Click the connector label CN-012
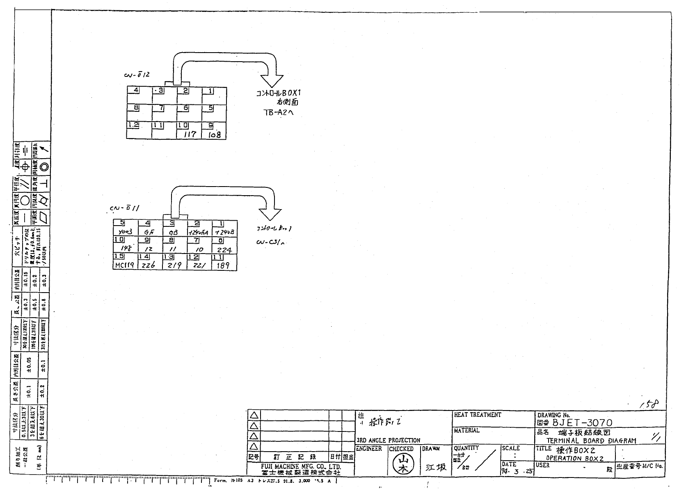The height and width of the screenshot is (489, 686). pyautogui.click(x=137, y=75)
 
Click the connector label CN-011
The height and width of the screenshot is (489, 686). pyautogui.click(x=125, y=208)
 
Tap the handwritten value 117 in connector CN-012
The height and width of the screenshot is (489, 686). pyautogui.click(x=189, y=134)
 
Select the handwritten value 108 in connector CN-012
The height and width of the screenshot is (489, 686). pyautogui.click(x=214, y=134)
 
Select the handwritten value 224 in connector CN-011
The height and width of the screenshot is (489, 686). pyautogui.click(x=224, y=249)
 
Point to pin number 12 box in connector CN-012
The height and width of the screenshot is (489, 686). pyautogui.click(x=133, y=125)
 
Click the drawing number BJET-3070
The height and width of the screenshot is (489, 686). pyautogui.click(x=582, y=423)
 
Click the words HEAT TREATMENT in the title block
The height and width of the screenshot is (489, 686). pyautogui.click(x=477, y=415)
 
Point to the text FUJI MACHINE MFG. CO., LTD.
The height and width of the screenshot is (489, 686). pyautogui.click(x=301, y=467)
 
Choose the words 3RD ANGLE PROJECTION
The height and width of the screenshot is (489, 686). pyautogui.click(x=388, y=440)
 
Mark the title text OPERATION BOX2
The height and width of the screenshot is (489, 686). pyautogui.click(x=574, y=458)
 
